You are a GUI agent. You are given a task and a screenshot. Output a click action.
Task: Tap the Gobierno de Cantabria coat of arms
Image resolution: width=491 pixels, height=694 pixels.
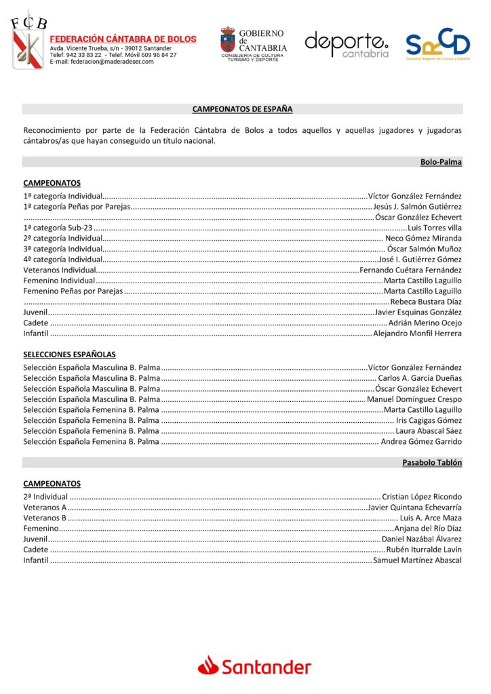coord(229,40)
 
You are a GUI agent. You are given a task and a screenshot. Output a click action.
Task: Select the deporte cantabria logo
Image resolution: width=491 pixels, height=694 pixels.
coord(347,44)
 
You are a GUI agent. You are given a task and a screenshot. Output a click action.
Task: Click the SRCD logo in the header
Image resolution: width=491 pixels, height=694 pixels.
coord(437,44)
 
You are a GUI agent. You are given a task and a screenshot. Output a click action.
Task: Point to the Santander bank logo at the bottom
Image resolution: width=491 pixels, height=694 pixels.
coord(254,667)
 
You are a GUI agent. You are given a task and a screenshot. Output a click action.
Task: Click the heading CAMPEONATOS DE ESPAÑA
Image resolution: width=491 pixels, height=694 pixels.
coord(242,108)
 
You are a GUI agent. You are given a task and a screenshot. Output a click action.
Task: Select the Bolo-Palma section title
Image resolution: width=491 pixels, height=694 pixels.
coord(441,162)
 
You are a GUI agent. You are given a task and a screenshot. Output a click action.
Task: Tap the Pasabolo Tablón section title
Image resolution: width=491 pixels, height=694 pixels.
coord(431,462)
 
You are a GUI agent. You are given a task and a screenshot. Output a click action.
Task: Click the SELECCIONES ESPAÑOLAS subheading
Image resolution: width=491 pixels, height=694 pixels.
coord(69,354)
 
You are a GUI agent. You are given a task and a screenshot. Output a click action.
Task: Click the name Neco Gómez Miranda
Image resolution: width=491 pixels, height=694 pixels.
coord(423,239)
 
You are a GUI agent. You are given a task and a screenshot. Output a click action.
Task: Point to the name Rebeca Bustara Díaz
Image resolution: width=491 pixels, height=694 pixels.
coord(426,302)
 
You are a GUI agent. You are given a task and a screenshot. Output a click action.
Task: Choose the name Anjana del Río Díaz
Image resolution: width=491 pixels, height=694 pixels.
coord(428,528)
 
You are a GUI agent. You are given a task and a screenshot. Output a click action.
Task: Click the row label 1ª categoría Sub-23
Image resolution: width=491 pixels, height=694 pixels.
coord(58,228)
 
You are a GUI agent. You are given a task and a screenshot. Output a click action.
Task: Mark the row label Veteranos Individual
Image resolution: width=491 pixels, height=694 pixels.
coord(59,270)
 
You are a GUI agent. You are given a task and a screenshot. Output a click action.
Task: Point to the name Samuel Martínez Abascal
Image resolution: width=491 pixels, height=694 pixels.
coord(417,560)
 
